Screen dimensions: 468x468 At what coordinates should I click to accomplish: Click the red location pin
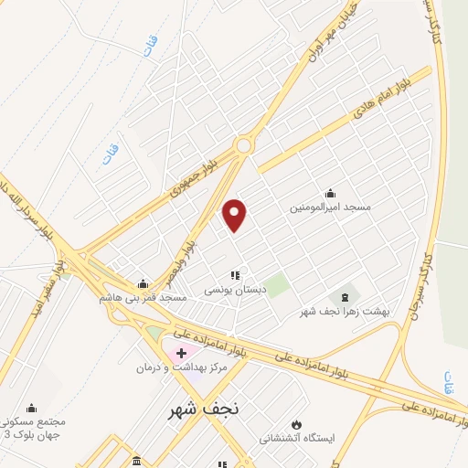pos(235,214)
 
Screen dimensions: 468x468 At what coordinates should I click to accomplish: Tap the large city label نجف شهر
pos(204,410)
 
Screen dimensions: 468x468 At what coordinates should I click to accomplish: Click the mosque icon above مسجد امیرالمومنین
pos(330,193)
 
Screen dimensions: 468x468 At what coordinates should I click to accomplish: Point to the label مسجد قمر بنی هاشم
pos(144,298)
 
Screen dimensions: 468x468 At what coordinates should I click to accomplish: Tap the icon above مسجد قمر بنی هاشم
pos(143,283)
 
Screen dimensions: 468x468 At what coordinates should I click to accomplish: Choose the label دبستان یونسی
pos(234,289)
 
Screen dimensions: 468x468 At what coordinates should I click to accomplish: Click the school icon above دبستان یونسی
pos(234,274)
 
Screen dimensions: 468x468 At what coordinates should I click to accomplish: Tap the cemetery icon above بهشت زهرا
pos(346,296)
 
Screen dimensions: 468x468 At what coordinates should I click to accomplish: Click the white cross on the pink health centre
pos(181,352)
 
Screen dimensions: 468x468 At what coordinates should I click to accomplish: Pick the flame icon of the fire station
pos(295,424)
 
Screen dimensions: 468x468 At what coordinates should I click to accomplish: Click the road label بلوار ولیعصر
pos(192,235)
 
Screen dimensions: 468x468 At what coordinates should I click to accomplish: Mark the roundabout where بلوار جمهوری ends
pos(243,145)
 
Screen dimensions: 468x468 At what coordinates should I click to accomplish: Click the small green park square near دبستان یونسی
pos(278,285)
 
